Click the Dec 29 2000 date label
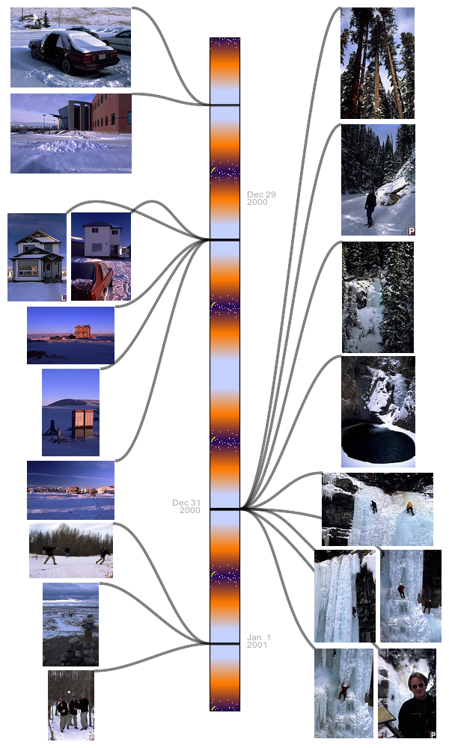click(x=261, y=198)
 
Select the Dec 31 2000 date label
click(x=186, y=506)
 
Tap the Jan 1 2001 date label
click(x=259, y=641)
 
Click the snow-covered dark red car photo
click(x=70, y=47)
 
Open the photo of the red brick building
click(x=71, y=133)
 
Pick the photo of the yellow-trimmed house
click(x=37, y=257)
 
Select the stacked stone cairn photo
click(x=70, y=624)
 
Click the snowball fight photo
click(x=71, y=551)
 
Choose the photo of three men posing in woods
click(x=71, y=705)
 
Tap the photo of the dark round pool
click(x=378, y=411)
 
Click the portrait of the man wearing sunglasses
click(x=407, y=693)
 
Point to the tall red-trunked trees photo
click(x=377, y=63)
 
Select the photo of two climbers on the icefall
click(x=377, y=509)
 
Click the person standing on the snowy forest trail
click(x=370, y=207)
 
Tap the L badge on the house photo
click(x=63, y=298)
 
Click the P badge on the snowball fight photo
click(x=110, y=574)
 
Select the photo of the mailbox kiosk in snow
click(x=70, y=413)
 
